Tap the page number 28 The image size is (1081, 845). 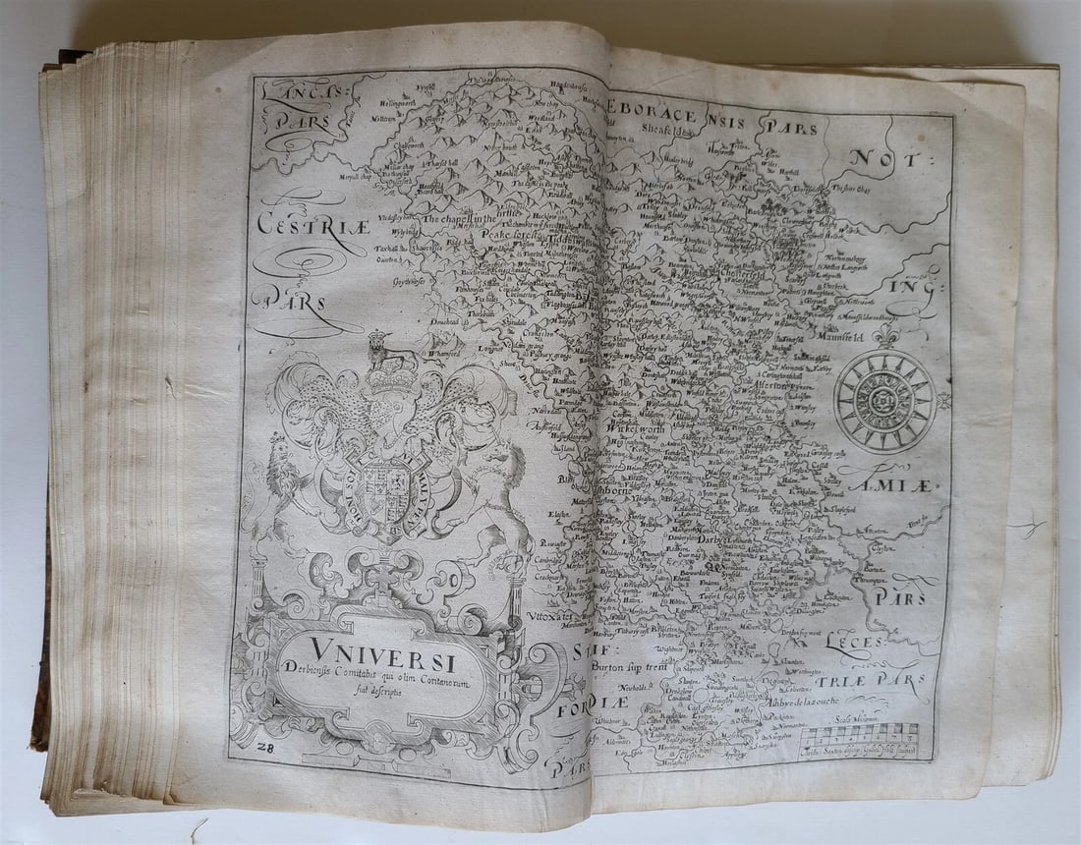click(x=262, y=750)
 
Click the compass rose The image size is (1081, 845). click(x=884, y=401)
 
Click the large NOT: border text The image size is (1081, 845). click(x=884, y=157)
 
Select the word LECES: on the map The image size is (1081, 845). click(x=855, y=644)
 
